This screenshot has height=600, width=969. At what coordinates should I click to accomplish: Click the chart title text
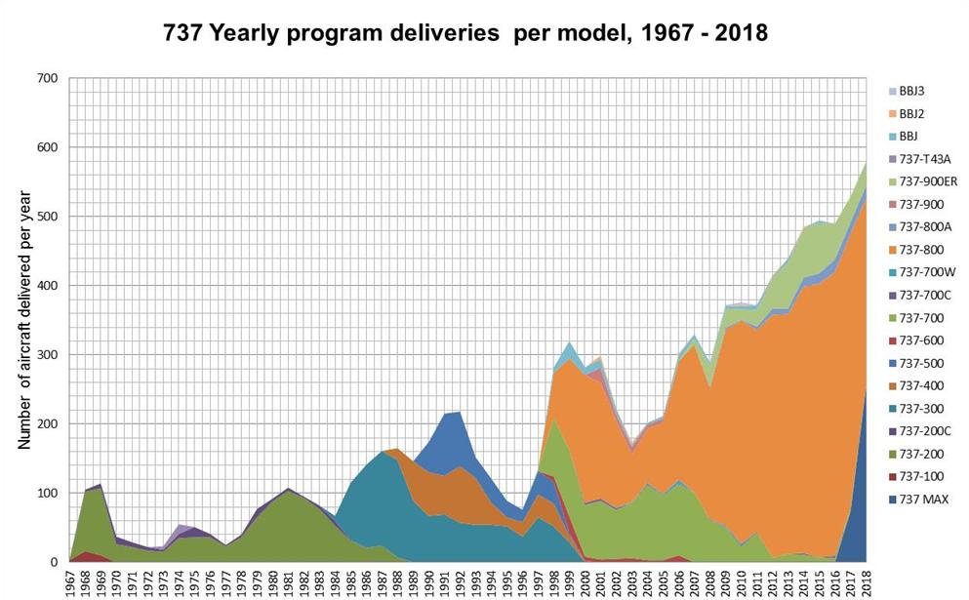coord(465,32)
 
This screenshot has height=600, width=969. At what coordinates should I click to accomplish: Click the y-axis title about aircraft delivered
coord(24,321)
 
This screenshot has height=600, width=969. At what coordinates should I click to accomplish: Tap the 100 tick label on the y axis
coord(46,494)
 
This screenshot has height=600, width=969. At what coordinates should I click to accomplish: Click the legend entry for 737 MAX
coord(916,500)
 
